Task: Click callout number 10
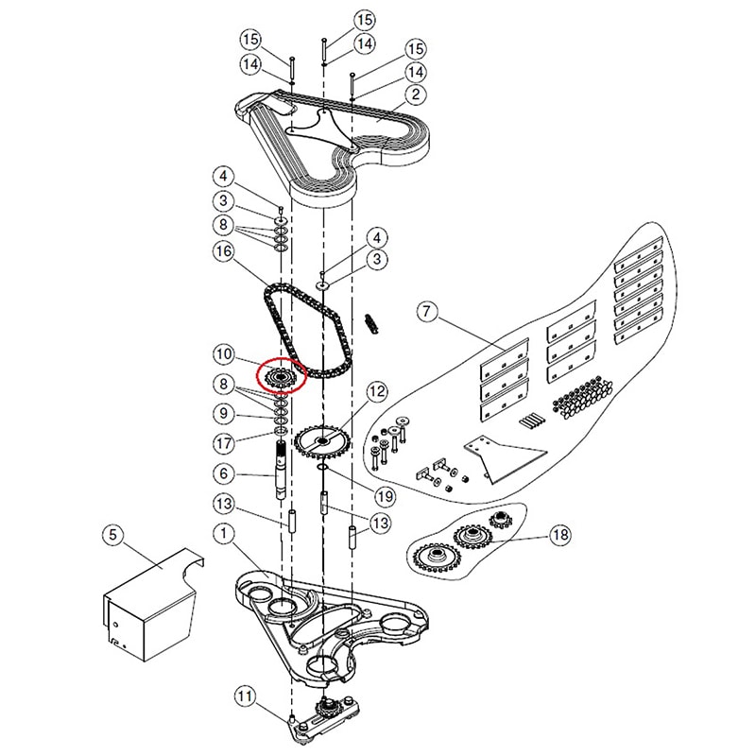pos(223,354)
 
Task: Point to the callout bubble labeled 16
pos(223,252)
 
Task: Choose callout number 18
pos(560,536)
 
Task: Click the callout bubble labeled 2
pos(414,95)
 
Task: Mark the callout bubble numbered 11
pos(246,698)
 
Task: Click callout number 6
pos(223,474)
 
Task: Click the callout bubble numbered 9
pos(223,412)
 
